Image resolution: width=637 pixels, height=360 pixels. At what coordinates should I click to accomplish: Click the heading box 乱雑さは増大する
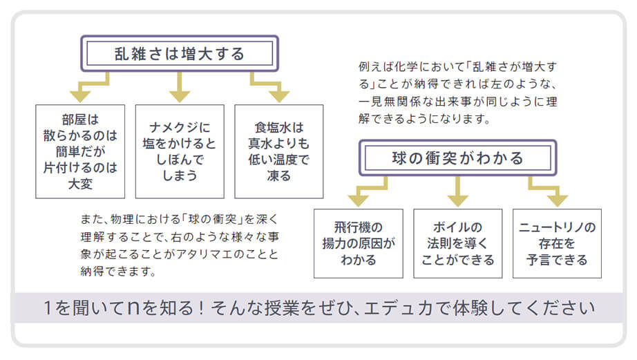180,53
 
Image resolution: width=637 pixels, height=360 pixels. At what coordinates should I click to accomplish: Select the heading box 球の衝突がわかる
457,158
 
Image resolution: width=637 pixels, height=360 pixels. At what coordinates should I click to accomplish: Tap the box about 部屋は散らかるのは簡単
80,150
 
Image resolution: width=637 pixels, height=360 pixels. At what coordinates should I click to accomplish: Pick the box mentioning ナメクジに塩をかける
180,150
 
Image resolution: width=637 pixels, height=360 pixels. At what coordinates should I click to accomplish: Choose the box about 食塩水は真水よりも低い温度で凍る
279,150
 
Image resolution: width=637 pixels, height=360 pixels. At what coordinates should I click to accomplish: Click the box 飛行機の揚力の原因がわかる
358,243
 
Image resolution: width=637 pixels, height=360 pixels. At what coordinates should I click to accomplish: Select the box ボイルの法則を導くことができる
457,243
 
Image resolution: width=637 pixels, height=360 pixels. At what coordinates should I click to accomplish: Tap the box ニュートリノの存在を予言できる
557,243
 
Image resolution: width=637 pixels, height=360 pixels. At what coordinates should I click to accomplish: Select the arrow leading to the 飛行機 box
362,193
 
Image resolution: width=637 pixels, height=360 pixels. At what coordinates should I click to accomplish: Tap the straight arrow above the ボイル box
457,193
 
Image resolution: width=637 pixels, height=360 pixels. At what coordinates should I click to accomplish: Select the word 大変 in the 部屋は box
80,184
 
